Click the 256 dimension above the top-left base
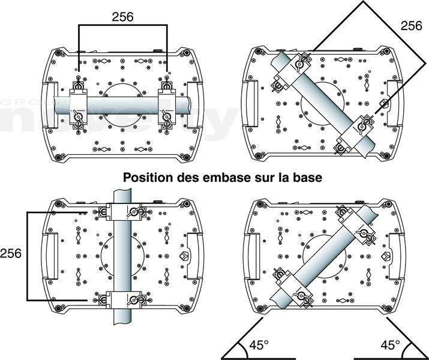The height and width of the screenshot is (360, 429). pos(123,17)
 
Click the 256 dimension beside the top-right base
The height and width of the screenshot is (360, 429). pos(411,26)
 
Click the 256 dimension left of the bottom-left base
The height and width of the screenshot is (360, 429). pos(11,253)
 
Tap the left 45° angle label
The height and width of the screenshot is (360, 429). pos(259,346)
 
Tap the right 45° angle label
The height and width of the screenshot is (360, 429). pos(391,346)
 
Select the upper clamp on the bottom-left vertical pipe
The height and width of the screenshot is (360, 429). pos(123,212)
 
